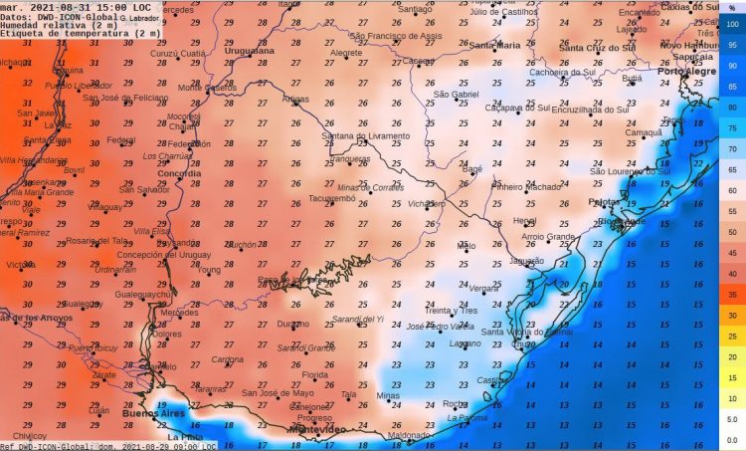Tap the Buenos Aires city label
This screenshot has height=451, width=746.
point(153,412)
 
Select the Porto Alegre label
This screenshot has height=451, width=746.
point(686,72)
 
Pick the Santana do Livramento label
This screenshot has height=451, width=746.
point(365,135)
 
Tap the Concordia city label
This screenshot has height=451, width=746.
point(179,173)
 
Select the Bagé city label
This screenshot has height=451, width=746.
point(473,169)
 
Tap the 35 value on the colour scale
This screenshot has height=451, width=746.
point(733,295)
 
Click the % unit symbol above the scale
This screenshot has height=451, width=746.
point(733,9)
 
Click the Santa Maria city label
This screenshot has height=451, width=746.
point(494,46)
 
